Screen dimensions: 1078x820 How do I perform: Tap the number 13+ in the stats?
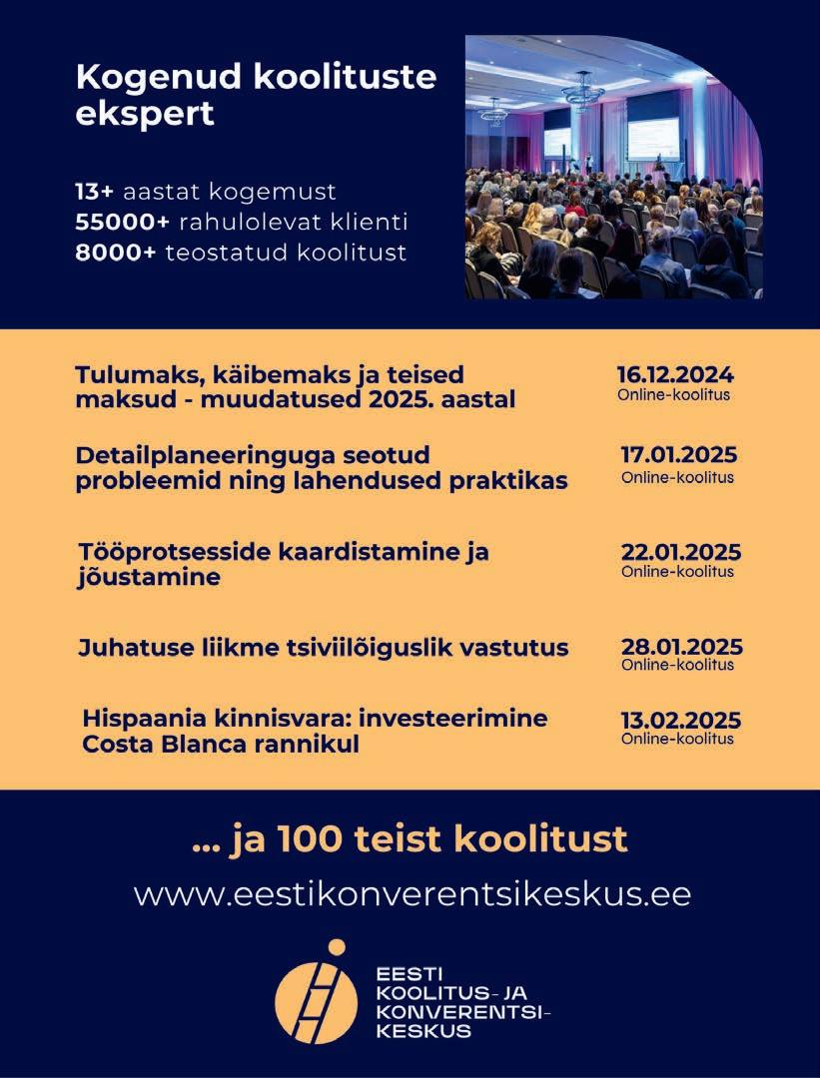coord(95,191)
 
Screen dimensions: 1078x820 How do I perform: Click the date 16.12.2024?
coord(675,375)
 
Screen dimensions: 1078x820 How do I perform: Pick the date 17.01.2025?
coord(679,455)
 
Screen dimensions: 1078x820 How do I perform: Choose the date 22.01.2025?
coord(681,553)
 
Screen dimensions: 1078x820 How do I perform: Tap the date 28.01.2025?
coord(682,646)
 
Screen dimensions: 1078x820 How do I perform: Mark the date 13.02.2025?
coord(680,721)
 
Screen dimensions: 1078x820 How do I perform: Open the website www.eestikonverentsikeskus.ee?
coord(411,893)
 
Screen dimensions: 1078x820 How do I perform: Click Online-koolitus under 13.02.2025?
coord(677,740)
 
